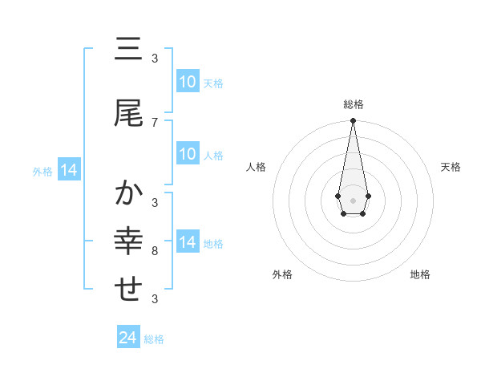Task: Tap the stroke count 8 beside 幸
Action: coord(155,251)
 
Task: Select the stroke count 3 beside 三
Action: coord(155,59)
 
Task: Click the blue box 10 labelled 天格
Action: coord(187,82)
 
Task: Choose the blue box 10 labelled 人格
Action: coord(187,154)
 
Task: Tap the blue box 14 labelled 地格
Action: coord(187,242)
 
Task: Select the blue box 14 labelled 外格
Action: coord(68,170)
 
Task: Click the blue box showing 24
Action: coord(128,338)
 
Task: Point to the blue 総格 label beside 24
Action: coord(154,339)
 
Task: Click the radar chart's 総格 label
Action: coord(353,104)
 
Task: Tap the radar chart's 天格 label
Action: coord(451,167)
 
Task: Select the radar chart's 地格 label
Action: coord(420,274)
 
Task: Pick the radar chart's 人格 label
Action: coord(256,167)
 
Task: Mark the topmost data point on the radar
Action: coord(353,120)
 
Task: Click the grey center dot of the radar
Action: coord(353,199)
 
